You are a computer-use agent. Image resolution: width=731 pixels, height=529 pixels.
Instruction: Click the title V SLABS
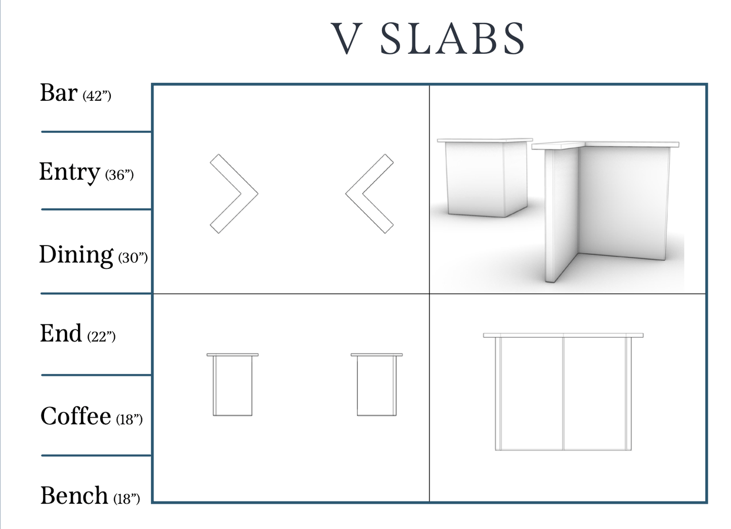[x=428, y=38]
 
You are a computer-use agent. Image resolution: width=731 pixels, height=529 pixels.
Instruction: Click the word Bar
[x=59, y=93]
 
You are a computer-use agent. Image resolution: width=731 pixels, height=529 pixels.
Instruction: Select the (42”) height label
[x=97, y=96]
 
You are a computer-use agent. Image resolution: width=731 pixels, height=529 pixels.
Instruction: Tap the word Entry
[x=69, y=172]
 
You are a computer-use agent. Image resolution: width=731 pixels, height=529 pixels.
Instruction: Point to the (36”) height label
[x=119, y=175]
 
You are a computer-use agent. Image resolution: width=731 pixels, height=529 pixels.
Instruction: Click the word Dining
[x=76, y=255]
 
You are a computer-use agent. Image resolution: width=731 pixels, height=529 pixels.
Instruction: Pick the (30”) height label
[x=133, y=258]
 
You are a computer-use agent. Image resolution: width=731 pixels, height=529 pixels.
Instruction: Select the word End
[x=61, y=334]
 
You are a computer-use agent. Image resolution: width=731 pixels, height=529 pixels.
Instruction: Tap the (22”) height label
[x=102, y=337]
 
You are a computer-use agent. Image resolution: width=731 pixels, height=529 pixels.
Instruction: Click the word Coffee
[x=76, y=416]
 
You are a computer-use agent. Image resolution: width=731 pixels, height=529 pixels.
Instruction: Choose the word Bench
[x=74, y=496]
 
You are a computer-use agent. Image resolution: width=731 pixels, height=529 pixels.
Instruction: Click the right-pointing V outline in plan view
[x=234, y=194]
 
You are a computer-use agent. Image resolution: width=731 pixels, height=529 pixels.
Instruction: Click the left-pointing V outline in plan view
[x=369, y=194]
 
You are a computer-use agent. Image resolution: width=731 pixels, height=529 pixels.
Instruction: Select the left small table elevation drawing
[x=233, y=384]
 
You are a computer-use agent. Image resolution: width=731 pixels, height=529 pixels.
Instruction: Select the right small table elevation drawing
[x=376, y=384]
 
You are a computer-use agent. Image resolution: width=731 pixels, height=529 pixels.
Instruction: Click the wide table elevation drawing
[x=563, y=392]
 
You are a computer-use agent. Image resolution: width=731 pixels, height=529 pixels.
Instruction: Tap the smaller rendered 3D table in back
[x=485, y=178]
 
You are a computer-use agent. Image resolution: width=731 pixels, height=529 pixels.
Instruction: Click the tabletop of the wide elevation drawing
[x=563, y=335]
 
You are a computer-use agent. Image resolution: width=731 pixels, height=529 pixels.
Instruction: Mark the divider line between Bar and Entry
[x=96, y=132]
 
